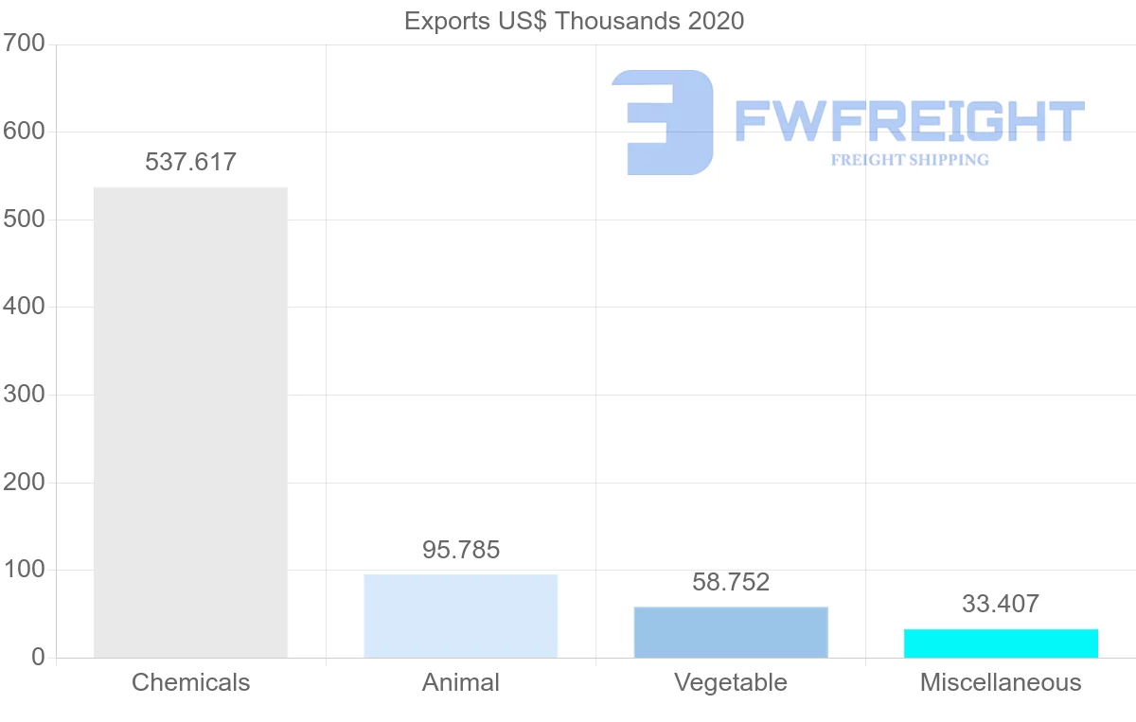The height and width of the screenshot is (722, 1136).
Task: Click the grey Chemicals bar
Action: (x=190, y=422)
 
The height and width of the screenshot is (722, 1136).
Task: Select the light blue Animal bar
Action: (x=460, y=616)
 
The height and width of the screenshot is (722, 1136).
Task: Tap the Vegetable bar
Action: (x=731, y=632)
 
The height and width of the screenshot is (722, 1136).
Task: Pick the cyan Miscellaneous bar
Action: (x=1001, y=643)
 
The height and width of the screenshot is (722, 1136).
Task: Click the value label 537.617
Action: (x=190, y=162)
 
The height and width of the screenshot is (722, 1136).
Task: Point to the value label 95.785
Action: (x=461, y=550)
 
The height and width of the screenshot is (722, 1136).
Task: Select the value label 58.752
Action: (x=731, y=582)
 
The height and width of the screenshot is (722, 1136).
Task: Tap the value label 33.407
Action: (x=1001, y=604)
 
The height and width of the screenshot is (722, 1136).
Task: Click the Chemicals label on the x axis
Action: (x=190, y=682)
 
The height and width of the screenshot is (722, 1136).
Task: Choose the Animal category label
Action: (x=461, y=682)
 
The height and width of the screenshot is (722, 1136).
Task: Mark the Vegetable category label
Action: (x=731, y=683)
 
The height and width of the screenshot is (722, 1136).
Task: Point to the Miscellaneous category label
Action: (x=1001, y=682)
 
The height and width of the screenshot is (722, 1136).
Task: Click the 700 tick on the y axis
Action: (x=24, y=44)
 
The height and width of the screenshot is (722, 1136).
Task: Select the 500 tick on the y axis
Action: (x=24, y=219)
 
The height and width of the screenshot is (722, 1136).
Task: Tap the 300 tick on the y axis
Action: (x=24, y=395)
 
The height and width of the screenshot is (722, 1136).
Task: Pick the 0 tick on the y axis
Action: (x=38, y=658)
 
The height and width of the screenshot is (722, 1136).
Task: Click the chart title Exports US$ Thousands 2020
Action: (x=574, y=22)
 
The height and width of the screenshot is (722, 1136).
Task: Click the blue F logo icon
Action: (x=663, y=123)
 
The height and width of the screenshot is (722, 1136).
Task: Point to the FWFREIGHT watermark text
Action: (x=910, y=121)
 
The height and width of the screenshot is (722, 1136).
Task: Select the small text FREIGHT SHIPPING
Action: (x=910, y=160)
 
